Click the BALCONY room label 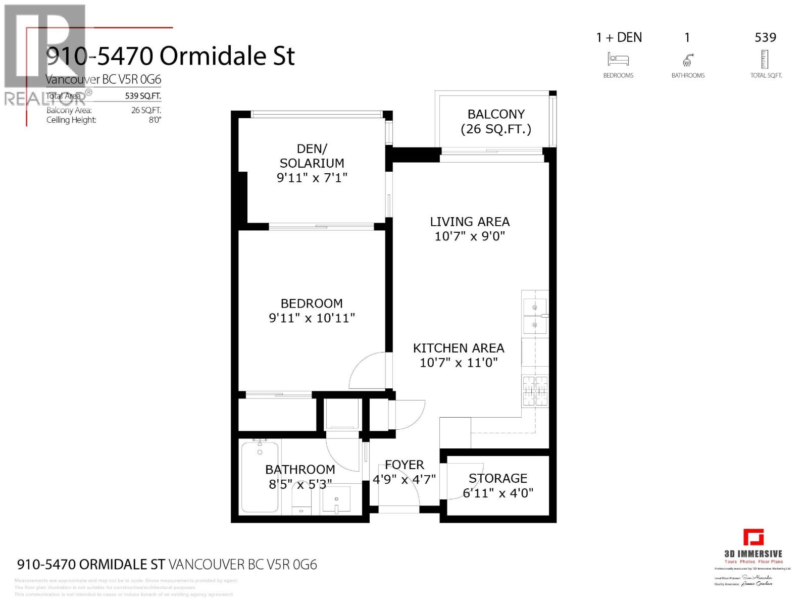496,115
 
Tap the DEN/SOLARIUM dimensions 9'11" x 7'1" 312,178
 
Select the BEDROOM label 312,304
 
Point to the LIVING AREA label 470,222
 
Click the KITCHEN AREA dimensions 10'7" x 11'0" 459,363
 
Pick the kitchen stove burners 535,391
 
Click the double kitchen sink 534,316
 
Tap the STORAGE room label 497,478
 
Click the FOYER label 404,465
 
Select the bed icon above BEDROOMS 618,60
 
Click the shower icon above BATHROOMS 687,60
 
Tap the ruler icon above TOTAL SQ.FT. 765,59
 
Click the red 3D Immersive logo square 753,537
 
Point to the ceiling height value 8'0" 155,120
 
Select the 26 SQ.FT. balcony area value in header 146,110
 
